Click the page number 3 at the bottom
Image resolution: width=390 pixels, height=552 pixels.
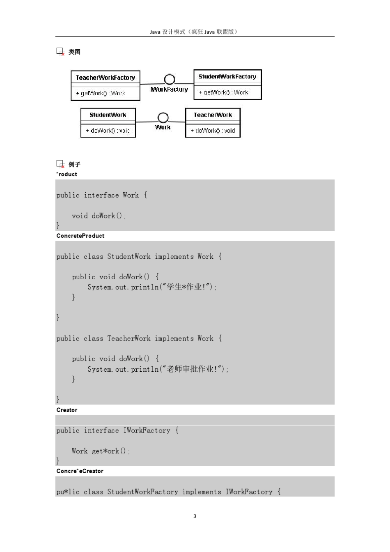tap(195, 516)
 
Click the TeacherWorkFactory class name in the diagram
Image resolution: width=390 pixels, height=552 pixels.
tap(106, 78)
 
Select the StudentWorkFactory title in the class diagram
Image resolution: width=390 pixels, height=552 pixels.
tap(227, 77)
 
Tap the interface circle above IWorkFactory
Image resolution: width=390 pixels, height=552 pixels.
tap(170, 79)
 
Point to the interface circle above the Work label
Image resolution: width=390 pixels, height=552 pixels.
tap(163, 117)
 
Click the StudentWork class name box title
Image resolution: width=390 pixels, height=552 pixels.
tap(108, 115)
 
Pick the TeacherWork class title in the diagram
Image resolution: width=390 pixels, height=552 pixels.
tap(213, 115)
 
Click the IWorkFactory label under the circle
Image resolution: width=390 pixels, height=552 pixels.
tap(169, 90)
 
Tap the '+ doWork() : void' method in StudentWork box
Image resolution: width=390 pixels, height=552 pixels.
tap(108, 131)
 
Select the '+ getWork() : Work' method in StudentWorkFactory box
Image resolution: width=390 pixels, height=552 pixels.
tap(223, 92)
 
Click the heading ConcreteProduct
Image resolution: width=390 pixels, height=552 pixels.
tap(80, 236)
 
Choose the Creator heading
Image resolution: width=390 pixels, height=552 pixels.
tap(67, 410)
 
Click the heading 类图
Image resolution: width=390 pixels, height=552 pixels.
tap(74, 52)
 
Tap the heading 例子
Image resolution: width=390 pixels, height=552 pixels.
tap(74, 164)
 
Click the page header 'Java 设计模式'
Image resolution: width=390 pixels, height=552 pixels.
tap(167, 32)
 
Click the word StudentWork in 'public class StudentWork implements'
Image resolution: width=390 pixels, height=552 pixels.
tap(128, 256)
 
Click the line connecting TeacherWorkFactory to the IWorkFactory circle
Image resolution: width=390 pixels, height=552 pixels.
tap(152, 84)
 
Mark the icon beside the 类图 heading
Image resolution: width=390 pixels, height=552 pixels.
tap(60, 52)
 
